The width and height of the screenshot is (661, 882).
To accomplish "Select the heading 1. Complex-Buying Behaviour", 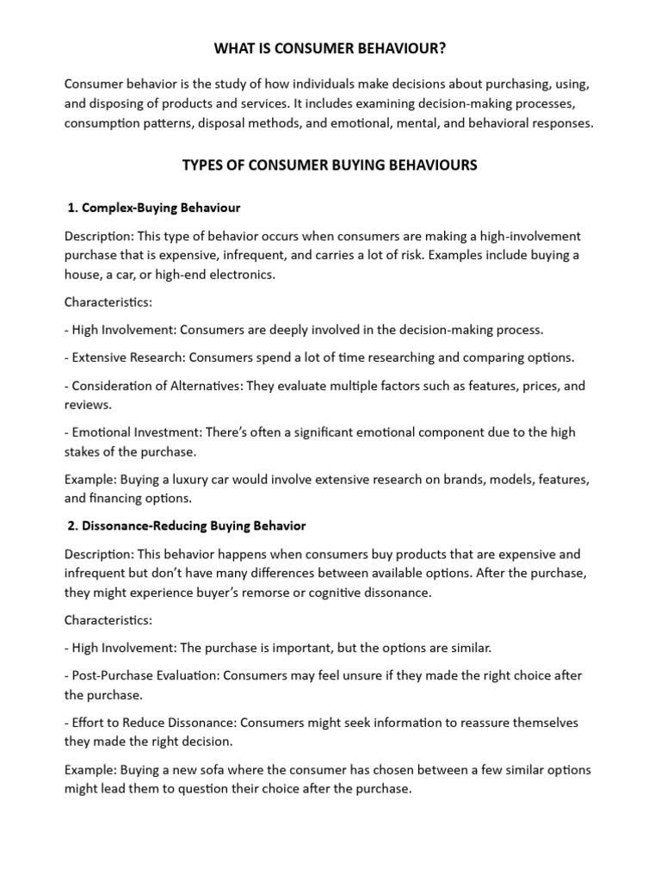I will point(154,208).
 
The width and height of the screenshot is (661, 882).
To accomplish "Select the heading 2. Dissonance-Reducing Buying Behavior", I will point(186,525).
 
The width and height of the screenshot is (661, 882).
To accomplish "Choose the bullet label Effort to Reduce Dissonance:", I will point(150,722).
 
